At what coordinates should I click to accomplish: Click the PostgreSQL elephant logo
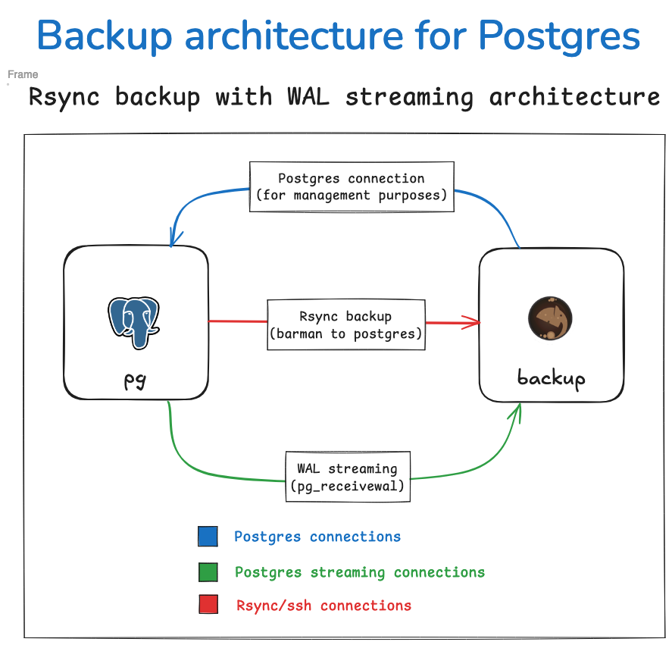pyautogui.click(x=134, y=321)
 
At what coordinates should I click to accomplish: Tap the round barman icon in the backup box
pyautogui.click(x=550, y=318)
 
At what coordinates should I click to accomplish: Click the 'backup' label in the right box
pyautogui.click(x=551, y=377)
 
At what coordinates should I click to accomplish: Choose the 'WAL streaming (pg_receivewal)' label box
pyautogui.click(x=347, y=477)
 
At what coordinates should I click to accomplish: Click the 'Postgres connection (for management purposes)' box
pyautogui.click(x=352, y=186)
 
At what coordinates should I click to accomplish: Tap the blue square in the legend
pyautogui.click(x=208, y=537)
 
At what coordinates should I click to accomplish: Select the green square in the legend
pyautogui.click(x=208, y=572)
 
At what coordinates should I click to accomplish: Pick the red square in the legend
pyautogui.click(x=208, y=605)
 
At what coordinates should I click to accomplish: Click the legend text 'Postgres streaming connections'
pyautogui.click(x=360, y=572)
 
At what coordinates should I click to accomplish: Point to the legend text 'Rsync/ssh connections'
pyautogui.click(x=323, y=606)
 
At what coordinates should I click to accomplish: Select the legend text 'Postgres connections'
pyautogui.click(x=317, y=537)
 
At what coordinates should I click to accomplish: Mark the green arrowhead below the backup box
pyautogui.click(x=519, y=410)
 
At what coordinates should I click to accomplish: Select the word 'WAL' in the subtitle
pyautogui.click(x=308, y=97)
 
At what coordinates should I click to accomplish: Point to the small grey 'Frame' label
pyautogui.click(x=23, y=74)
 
